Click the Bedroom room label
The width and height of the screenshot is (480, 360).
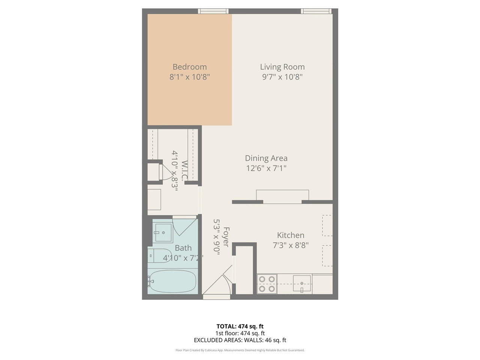click(x=189, y=67)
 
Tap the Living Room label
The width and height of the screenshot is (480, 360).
click(x=282, y=67)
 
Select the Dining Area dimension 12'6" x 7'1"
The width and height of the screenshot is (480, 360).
click(x=266, y=168)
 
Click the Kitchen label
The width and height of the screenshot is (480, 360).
click(x=290, y=235)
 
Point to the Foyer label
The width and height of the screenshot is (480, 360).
click(x=226, y=237)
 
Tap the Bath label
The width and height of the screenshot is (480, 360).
click(x=183, y=248)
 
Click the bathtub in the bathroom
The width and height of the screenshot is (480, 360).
click(x=172, y=281)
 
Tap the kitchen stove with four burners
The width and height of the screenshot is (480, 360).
click(x=266, y=284)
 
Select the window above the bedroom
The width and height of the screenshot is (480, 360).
click(x=213, y=11)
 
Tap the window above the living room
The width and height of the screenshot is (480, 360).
click(x=316, y=11)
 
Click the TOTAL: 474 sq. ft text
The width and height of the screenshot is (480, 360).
click(x=240, y=326)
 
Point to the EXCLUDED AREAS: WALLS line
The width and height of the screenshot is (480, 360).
click(x=240, y=340)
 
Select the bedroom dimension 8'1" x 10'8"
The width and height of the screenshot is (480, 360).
click(x=189, y=77)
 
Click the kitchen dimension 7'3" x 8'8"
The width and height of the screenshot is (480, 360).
click(x=290, y=245)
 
